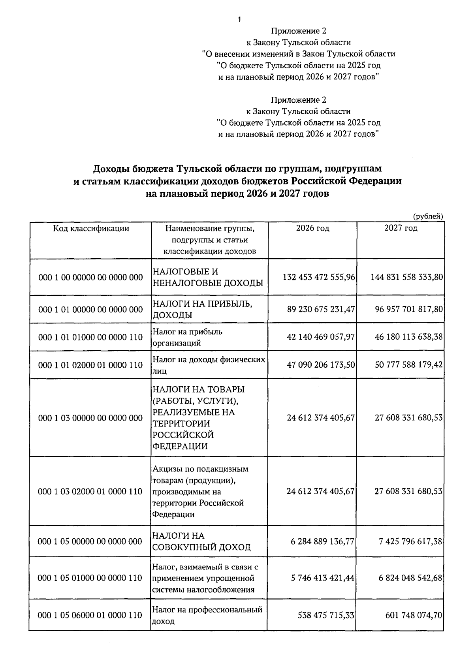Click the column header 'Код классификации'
click(91, 228)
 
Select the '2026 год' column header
click(312, 228)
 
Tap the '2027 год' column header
click(401, 228)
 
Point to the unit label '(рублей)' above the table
click(428, 216)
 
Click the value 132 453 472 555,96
click(319, 277)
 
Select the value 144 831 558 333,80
click(406, 277)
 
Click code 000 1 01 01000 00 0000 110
click(90, 337)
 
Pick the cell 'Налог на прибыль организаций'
click(188, 337)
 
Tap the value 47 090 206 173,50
click(321, 365)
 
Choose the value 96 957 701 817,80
click(409, 309)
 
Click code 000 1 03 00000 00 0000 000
click(90, 418)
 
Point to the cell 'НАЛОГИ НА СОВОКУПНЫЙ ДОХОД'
click(201, 541)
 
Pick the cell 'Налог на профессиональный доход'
click(207, 615)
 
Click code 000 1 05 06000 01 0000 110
click(90, 615)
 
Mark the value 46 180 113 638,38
click(409, 337)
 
